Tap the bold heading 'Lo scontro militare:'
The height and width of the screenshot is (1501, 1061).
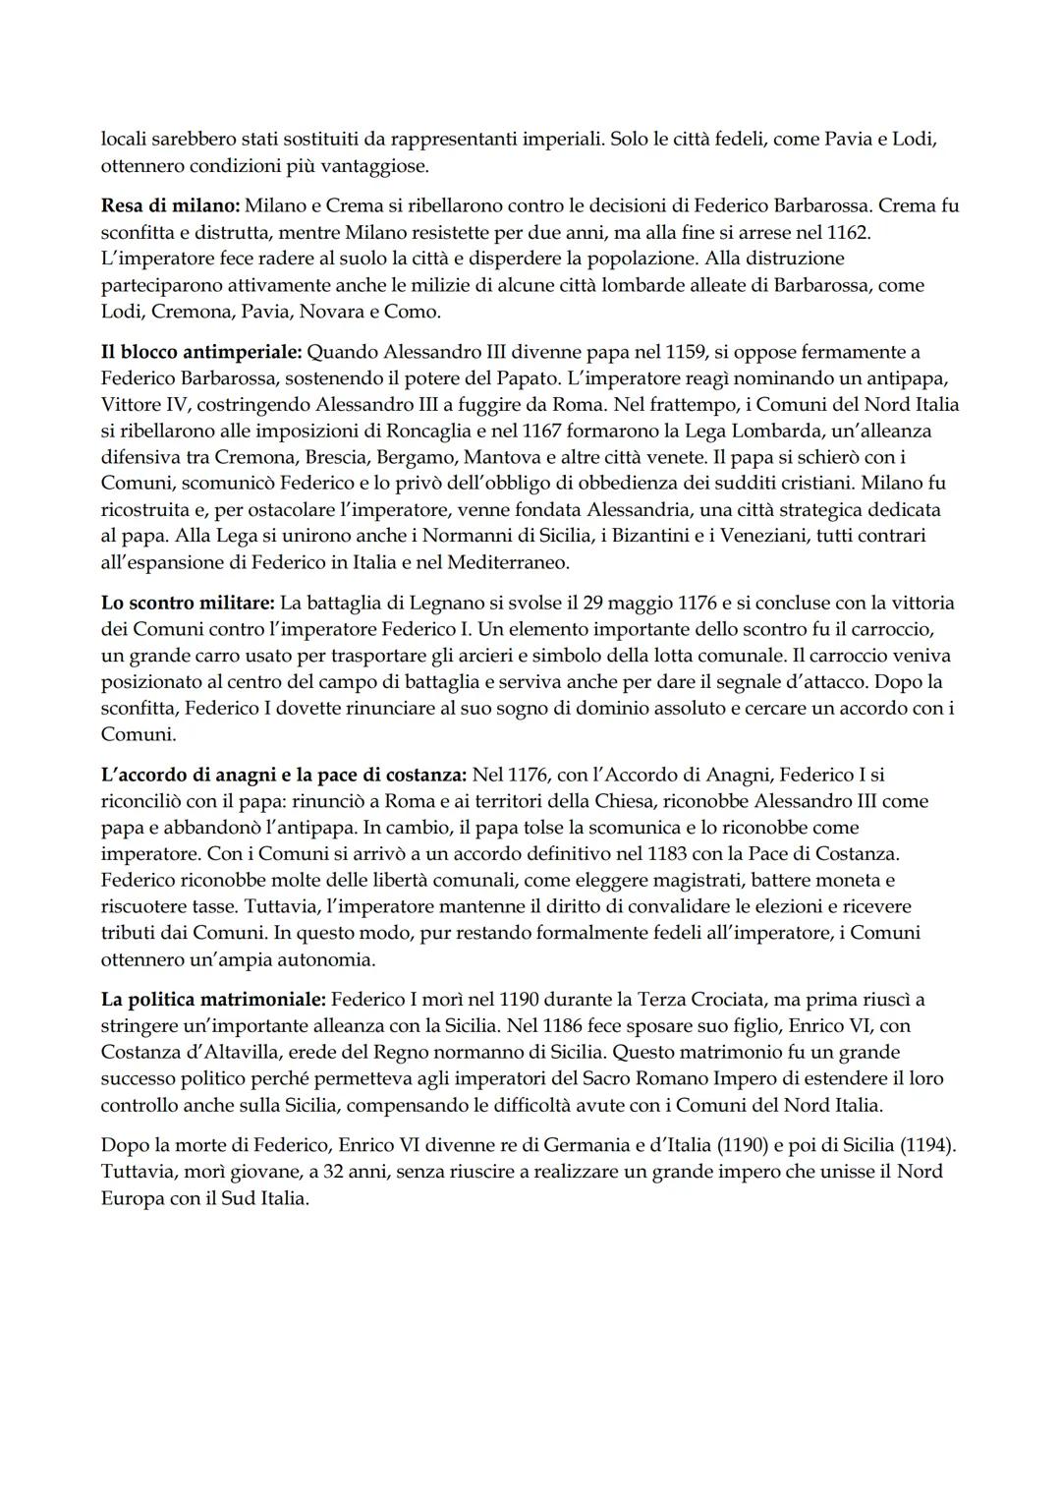tap(188, 602)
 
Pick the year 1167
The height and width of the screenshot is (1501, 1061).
tap(543, 431)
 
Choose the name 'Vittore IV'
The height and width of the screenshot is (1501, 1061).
tap(143, 404)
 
